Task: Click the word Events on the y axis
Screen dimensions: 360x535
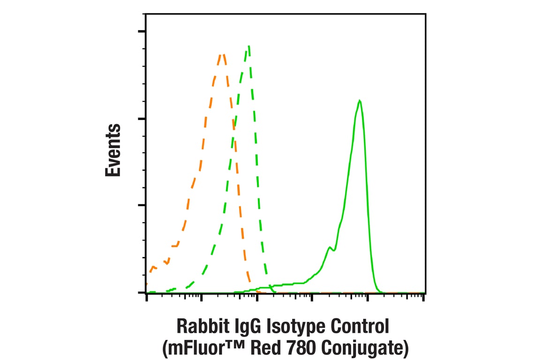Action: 113,150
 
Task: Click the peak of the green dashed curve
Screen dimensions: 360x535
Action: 249,46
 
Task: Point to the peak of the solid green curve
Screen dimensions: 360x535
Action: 359,100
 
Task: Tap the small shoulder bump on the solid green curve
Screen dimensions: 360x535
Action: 330,247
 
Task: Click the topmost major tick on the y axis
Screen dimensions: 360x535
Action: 142,32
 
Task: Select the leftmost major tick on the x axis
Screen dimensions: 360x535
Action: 147,297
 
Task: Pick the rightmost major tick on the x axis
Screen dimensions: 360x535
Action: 423,297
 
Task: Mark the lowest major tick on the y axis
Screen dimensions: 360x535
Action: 142,292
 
